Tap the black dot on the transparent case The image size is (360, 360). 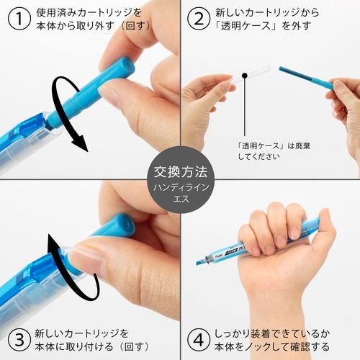coord(246,75)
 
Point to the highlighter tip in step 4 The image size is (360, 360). coord(201,261)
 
